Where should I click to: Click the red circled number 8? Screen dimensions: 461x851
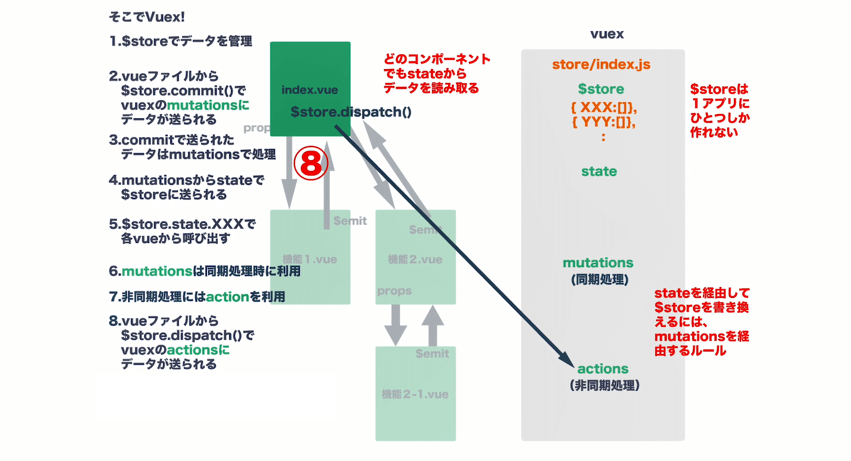click(x=311, y=164)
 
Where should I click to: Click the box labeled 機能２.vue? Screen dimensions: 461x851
click(x=415, y=259)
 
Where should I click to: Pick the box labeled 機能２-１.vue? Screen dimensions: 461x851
click(x=415, y=394)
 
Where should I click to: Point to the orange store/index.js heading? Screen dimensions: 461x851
click(x=601, y=64)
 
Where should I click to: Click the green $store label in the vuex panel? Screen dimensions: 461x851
click(x=601, y=89)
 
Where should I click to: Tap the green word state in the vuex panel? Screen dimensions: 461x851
click(x=599, y=171)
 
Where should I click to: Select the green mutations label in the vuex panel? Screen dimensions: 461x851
click(x=598, y=263)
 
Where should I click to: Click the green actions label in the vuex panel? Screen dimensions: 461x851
click(x=603, y=368)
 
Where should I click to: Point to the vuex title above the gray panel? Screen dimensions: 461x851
click(x=607, y=34)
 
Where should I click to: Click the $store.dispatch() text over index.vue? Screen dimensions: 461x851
click(x=351, y=112)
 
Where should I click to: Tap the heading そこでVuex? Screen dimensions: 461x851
click(x=146, y=17)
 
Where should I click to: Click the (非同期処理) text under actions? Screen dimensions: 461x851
click(x=603, y=385)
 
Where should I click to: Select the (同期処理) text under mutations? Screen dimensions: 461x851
click(x=598, y=279)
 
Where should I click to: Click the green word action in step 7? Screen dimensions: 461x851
click(x=227, y=297)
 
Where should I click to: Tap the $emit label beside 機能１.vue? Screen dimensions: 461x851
click(x=350, y=221)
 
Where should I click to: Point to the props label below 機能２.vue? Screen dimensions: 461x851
click(x=394, y=291)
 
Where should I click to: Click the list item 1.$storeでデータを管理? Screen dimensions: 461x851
click(x=180, y=41)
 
